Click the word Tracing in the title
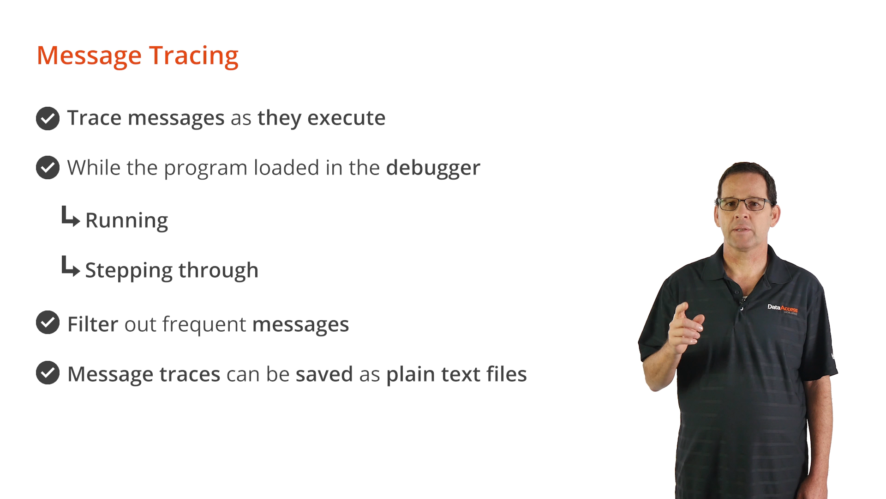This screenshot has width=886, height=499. tap(193, 56)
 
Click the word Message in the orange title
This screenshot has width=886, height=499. tap(89, 56)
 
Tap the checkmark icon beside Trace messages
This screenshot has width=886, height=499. tap(48, 119)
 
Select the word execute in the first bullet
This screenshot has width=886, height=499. tap(346, 118)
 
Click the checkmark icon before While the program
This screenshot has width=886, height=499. tap(48, 167)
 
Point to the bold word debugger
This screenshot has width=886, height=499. tap(433, 169)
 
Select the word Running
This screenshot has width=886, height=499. tap(126, 221)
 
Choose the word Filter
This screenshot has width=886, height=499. tap(93, 324)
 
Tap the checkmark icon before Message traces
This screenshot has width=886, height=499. tap(48, 372)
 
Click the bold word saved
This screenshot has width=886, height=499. tap(324, 374)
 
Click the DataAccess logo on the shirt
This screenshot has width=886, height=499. tap(783, 309)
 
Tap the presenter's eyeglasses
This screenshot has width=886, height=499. tap(744, 204)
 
